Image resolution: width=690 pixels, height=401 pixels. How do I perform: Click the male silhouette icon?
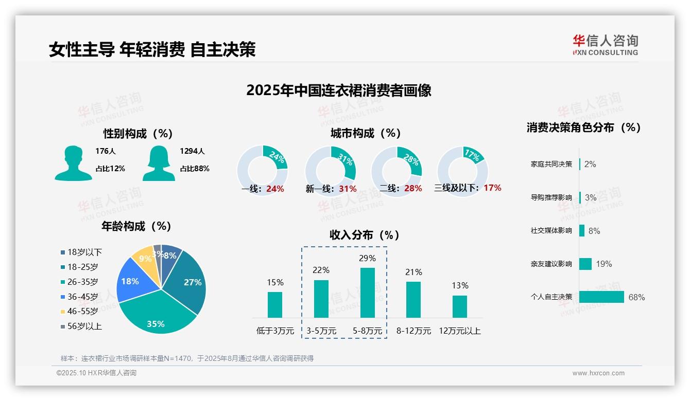tap(74, 163)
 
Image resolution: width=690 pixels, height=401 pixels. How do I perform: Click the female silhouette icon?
tap(159, 163)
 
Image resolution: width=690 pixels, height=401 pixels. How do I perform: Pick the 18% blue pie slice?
tap(132, 282)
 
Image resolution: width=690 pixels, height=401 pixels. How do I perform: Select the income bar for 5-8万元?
tap(367, 293)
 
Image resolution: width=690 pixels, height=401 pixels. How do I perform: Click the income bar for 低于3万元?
tap(275, 304)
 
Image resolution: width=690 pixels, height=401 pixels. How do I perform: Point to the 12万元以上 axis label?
tap(459, 331)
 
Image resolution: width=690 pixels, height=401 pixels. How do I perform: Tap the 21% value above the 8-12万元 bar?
tap(413, 272)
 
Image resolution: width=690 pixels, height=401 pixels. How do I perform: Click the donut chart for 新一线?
tap(331, 171)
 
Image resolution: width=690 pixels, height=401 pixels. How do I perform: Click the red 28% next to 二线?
tap(413, 189)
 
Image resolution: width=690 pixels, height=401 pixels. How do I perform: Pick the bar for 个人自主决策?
tap(601, 297)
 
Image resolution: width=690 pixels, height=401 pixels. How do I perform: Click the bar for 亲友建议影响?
tap(585, 264)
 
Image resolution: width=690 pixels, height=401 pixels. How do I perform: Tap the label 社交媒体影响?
tap(551, 231)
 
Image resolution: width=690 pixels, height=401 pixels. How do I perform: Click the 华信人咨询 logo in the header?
tap(605, 45)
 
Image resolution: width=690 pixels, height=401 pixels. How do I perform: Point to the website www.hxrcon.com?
tap(598, 373)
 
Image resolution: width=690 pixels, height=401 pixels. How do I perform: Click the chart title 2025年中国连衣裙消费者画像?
tap(338, 90)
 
